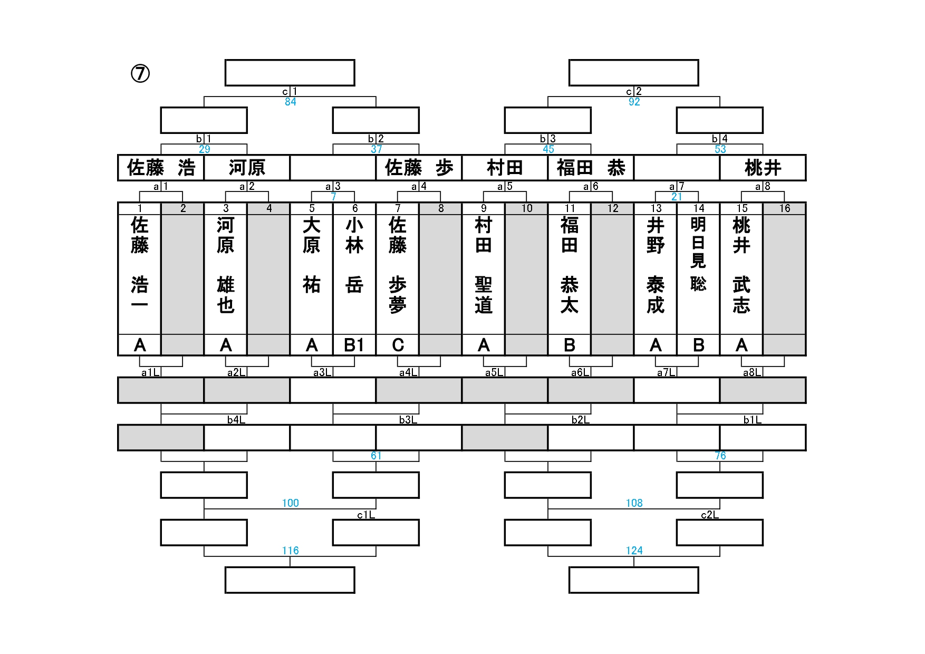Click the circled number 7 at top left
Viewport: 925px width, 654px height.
click(x=140, y=74)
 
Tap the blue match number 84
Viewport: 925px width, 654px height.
click(x=290, y=102)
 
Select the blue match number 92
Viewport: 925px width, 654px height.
click(x=634, y=102)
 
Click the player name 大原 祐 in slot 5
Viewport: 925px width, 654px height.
click(x=312, y=255)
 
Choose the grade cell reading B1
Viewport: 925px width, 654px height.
click(x=354, y=345)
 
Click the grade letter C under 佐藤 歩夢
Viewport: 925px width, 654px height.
click(x=398, y=345)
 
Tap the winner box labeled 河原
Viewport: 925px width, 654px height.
click(x=247, y=168)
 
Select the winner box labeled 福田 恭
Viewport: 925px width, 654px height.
click(x=591, y=168)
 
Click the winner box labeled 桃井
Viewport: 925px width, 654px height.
click(x=763, y=168)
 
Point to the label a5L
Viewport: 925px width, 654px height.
click(x=494, y=372)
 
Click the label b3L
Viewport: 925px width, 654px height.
click(x=408, y=420)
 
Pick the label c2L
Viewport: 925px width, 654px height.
click(x=709, y=515)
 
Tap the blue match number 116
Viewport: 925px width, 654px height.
click(x=290, y=551)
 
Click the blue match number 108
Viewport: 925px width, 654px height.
click(x=634, y=503)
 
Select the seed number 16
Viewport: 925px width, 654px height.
click(x=784, y=208)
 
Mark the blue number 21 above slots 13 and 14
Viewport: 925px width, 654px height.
click(x=677, y=197)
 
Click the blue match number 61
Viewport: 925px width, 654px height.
click(x=376, y=456)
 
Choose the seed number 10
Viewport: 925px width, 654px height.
click(x=527, y=208)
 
